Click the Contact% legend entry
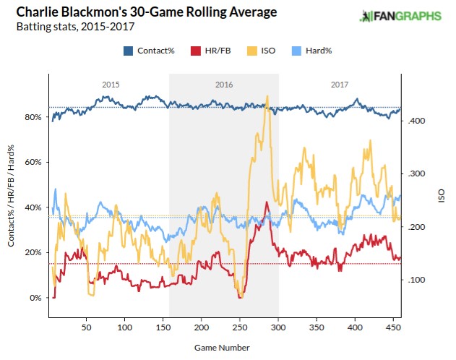click(x=152, y=51)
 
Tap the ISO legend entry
click(x=257, y=51)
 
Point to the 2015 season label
click(x=110, y=85)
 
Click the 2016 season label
click(x=224, y=85)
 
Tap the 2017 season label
click(x=340, y=85)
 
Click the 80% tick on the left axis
click(x=33, y=117)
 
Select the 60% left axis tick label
click(x=33, y=163)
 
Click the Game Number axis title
click(x=222, y=347)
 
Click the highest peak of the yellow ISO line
click(x=268, y=97)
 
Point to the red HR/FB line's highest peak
click(x=267, y=202)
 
